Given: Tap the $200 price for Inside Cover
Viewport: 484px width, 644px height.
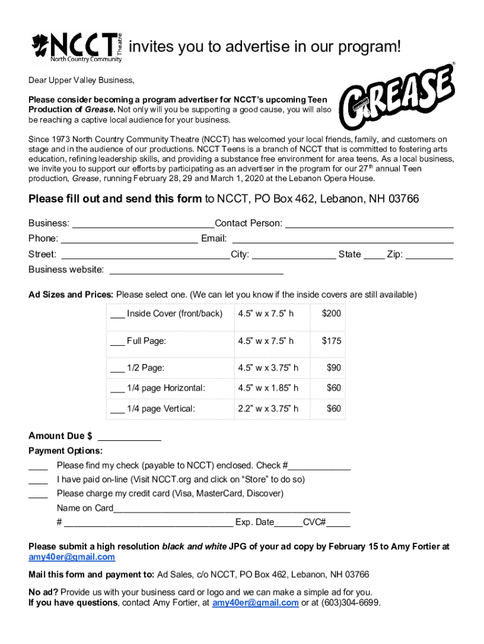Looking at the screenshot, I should coord(331,313).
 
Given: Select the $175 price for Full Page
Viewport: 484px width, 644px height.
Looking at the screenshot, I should coord(331,341).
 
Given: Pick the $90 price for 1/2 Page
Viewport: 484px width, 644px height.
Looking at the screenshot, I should coord(333,368).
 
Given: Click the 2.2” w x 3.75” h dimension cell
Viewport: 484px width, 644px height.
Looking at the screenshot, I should coord(268,409).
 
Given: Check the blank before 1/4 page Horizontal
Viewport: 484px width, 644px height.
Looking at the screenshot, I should coord(118,389).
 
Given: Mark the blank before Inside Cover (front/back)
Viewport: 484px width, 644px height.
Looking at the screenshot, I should coord(118,314).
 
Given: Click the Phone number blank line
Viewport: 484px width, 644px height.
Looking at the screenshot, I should coord(129,240).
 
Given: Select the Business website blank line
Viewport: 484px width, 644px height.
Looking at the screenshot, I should coord(196,271).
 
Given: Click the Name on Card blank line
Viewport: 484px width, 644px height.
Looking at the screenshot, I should coord(232,509).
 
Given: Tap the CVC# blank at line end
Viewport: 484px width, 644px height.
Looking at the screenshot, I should coord(338,523).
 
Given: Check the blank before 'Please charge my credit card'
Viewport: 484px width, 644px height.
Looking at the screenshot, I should coord(38,494).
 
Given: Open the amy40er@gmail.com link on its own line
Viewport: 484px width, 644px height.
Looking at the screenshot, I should coord(72,557).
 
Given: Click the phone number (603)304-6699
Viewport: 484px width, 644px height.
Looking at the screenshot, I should coord(351,602).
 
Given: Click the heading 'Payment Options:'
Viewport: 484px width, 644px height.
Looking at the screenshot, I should coord(66,451).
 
